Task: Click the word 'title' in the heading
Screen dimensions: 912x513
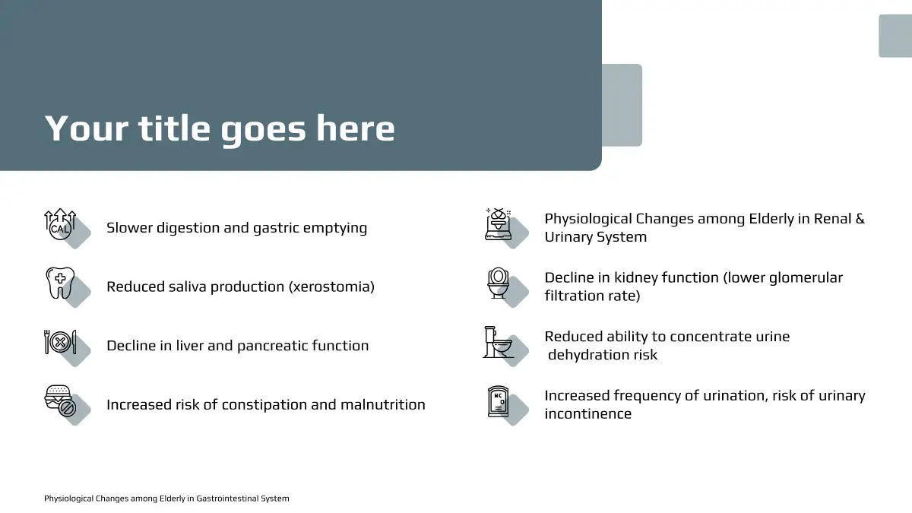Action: (174, 128)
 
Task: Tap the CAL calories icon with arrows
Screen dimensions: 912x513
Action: (60, 224)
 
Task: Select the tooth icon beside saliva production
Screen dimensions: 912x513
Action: (60, 283)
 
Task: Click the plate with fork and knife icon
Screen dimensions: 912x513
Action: (60, 342)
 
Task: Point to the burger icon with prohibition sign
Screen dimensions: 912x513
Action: (60, 401)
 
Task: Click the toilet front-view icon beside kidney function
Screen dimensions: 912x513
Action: (499, 283)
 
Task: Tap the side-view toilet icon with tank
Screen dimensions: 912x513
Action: (499, 342)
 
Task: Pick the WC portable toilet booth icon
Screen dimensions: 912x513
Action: (499, 402)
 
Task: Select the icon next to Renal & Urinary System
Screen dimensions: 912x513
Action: (499, 224)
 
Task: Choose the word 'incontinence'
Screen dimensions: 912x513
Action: (588, 413)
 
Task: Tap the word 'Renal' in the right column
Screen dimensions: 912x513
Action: (831, 219)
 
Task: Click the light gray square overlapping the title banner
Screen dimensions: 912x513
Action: (622, 105)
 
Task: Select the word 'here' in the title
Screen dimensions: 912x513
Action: (356, 128)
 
